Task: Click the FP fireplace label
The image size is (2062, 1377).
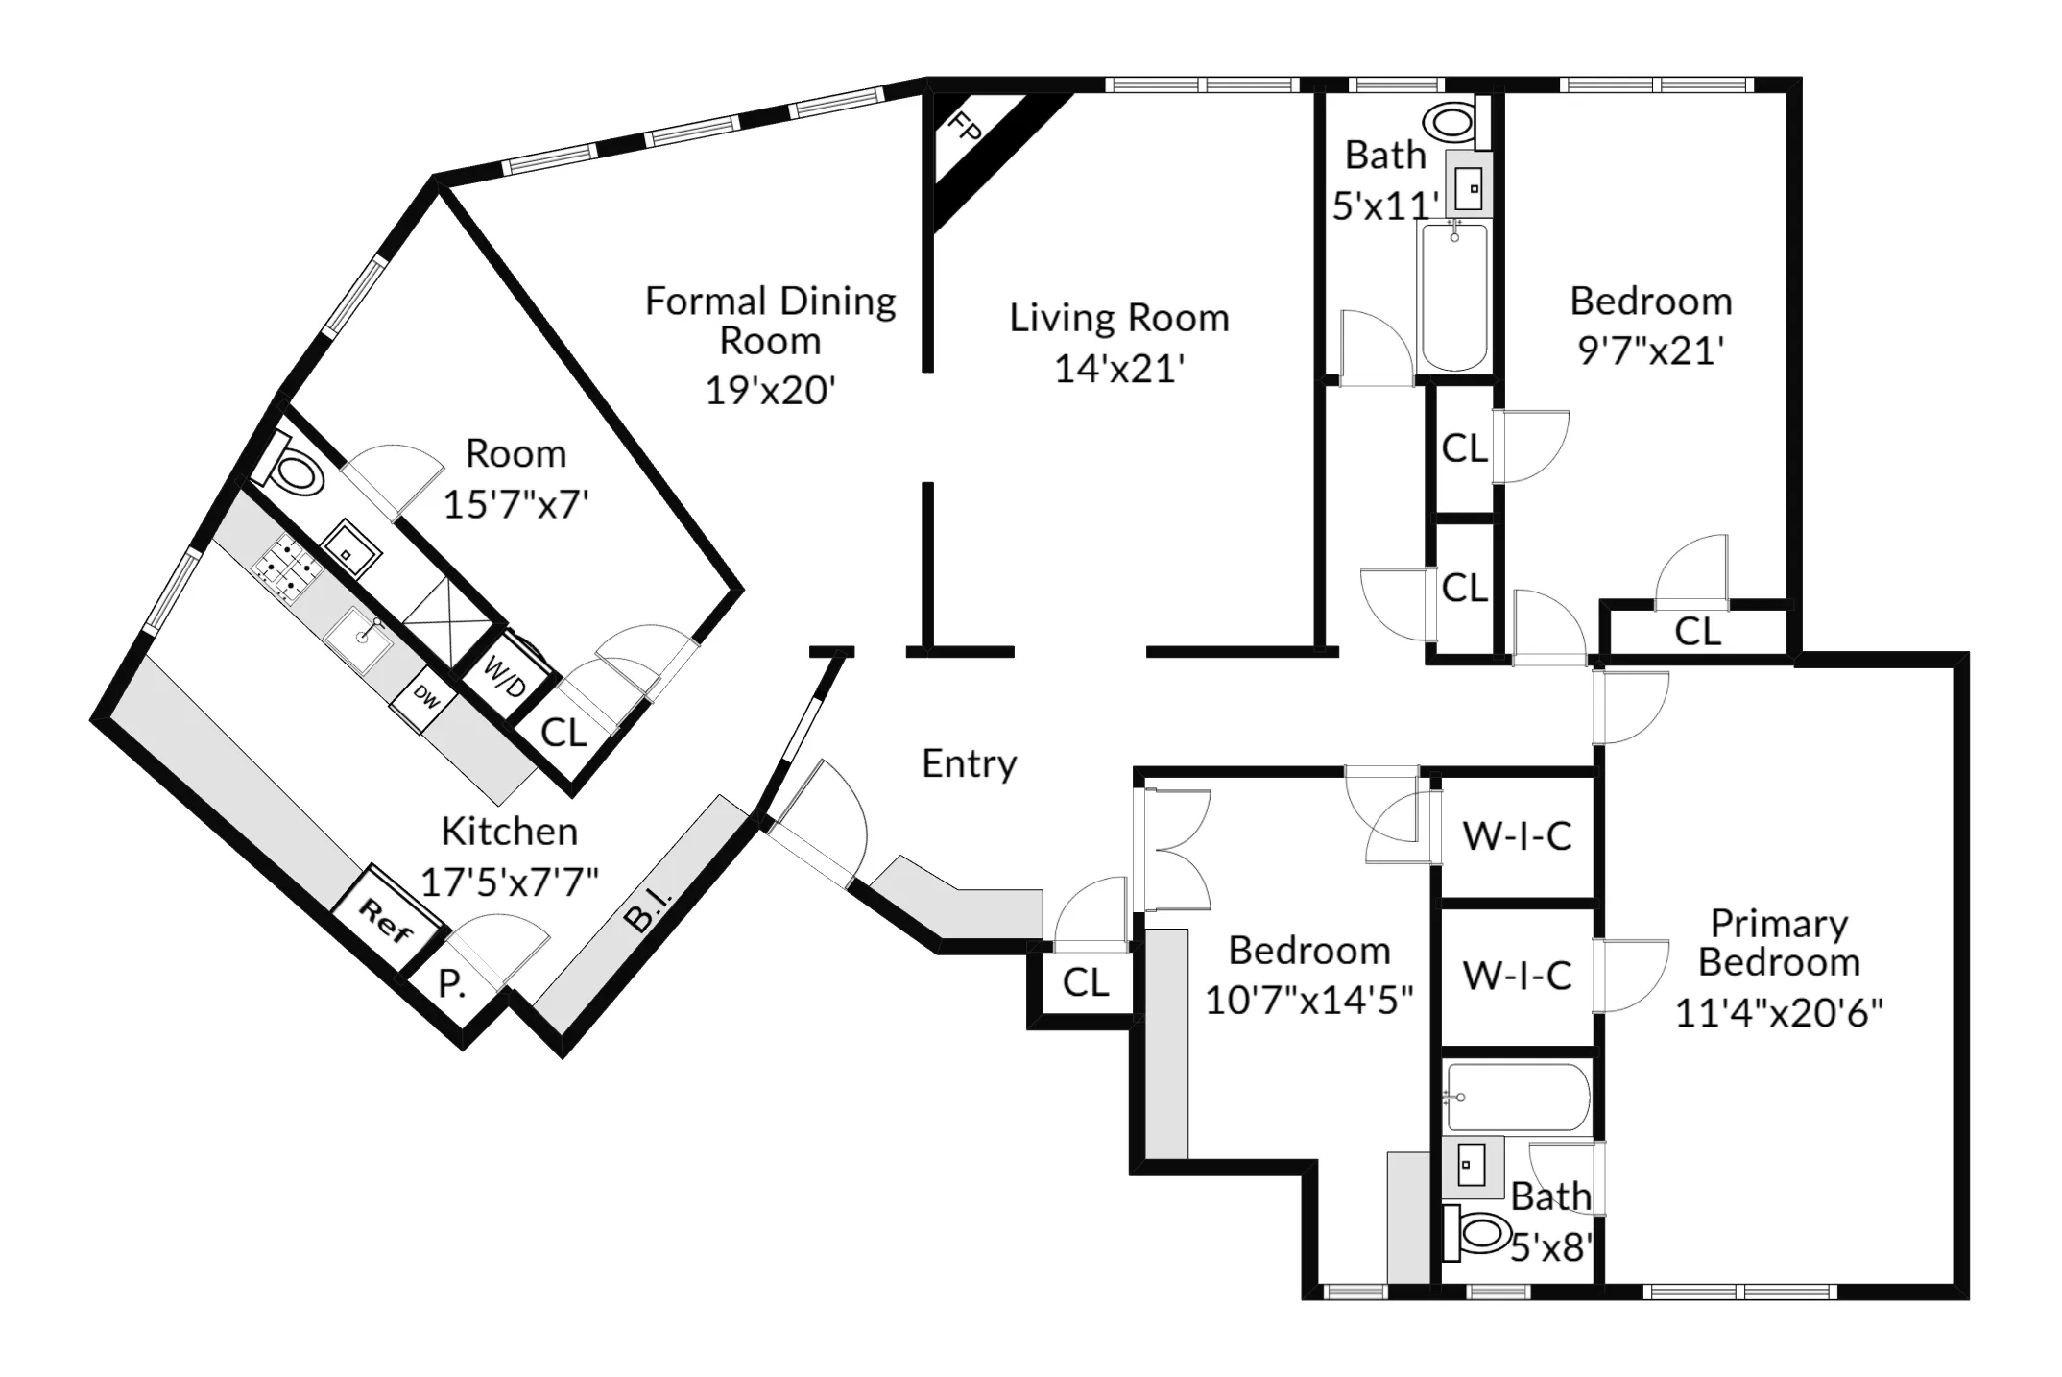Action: pyautogui.click(x=964, y=127)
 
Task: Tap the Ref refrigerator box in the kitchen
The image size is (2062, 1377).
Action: pyautogui.click(x=386, y=919)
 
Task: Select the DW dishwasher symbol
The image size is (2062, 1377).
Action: pyautogui.click(x=425, y=699)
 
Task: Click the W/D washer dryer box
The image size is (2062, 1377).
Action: pyautogui.click(x=505, y=676)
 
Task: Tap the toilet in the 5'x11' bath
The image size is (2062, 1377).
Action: pyautogui.click(x=1451, y=123)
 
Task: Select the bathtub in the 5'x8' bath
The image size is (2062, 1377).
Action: pyautogui.click(x=1517, y=1097)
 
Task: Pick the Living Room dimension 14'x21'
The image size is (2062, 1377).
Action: pyautogui.click(x=1119, y=369)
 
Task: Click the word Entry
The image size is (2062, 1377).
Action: pyautogui.click(x=969, y=763)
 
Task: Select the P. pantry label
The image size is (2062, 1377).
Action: pyautogui.click(x=451, y=984)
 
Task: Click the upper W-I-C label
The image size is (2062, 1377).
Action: pyautogui.click(x=1517, y=836)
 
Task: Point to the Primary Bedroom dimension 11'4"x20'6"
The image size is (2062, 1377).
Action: pyautogui.click(x=1779, y=1012)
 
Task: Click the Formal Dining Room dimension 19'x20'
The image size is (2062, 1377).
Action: pyautogui.click(x=770, y=391)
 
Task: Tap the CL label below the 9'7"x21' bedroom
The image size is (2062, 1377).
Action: pyautogui.click(x=1697, y=632)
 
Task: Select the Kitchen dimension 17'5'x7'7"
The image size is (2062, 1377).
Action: pyautogui.click(x=510, y=882)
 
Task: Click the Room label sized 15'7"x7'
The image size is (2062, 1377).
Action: pyautogui.click(x=515, y=453)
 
